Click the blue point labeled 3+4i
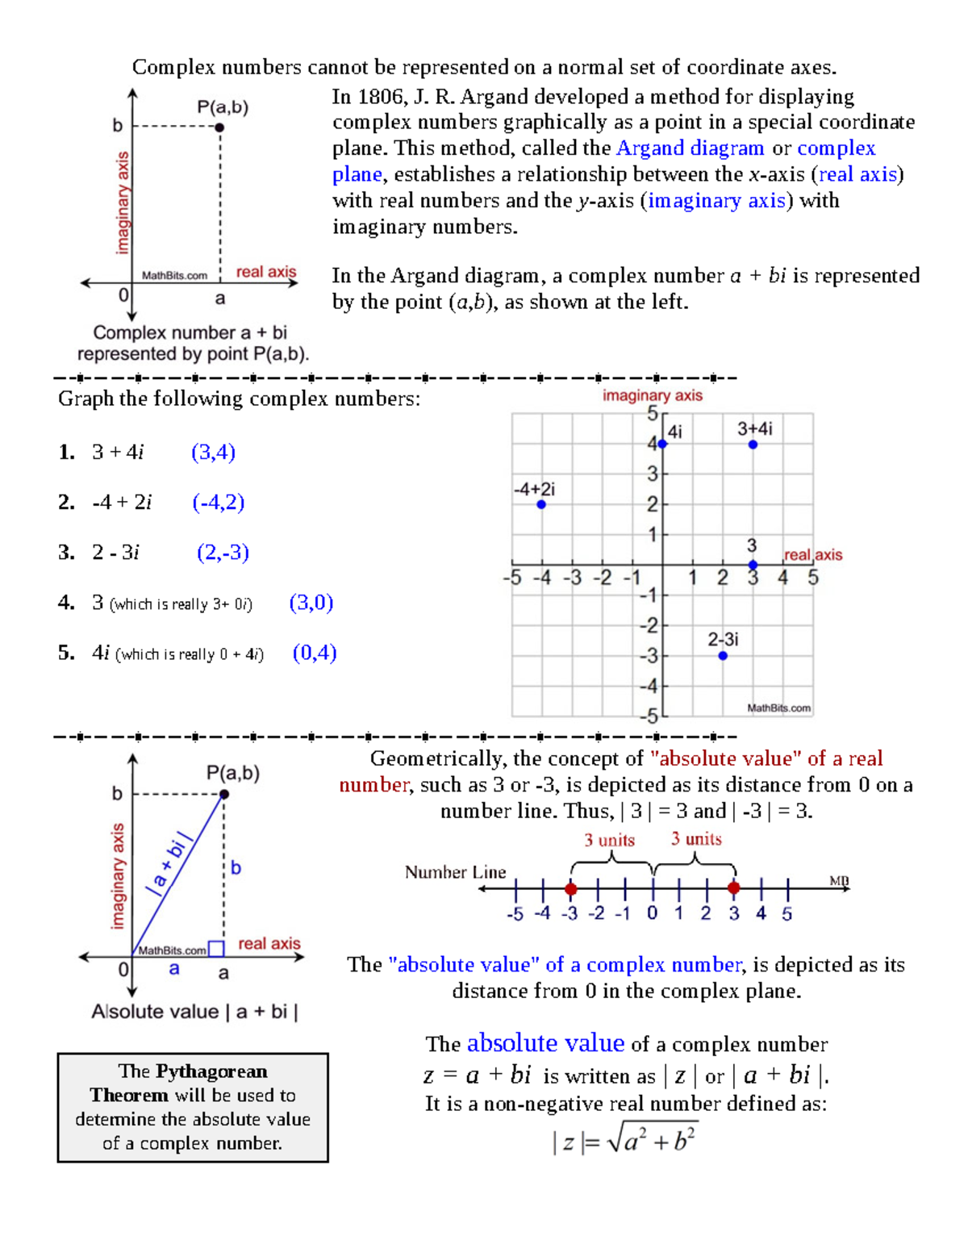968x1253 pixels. [753, 445]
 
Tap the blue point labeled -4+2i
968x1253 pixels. [541, 504]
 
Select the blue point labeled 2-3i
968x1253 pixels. [723, 656]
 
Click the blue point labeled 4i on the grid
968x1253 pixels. [662, 444]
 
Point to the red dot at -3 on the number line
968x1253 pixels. [571, 888]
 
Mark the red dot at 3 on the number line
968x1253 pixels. [733, 888]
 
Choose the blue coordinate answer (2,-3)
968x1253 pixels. [223, 553]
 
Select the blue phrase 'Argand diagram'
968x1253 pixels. [690, 148]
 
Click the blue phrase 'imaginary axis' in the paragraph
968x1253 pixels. [716, 201]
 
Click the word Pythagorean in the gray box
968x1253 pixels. [211, 1071]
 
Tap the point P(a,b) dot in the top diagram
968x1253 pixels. [219, 127]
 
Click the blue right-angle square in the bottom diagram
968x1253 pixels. [216, 949]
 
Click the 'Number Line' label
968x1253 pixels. [455, 872]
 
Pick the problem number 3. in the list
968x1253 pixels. [66, 553]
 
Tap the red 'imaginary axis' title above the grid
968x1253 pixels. [652, 395]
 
